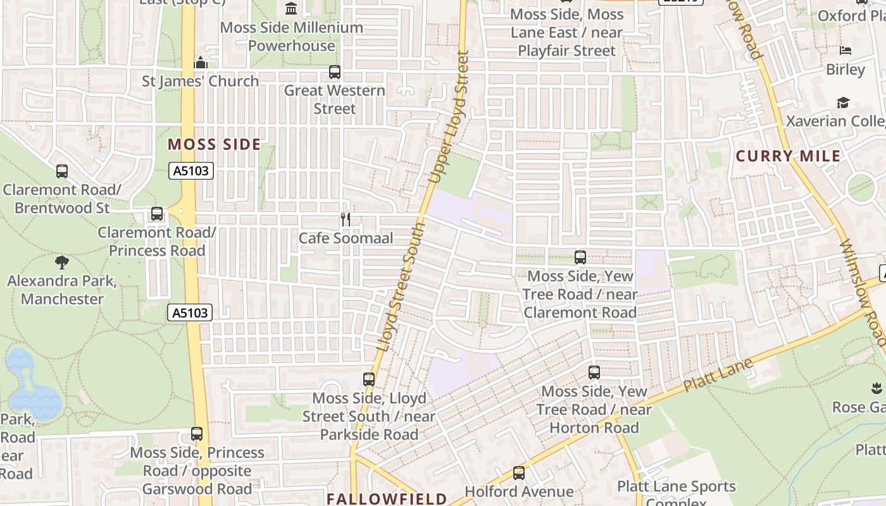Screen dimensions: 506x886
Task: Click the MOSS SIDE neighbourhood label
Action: [x=214, y=144]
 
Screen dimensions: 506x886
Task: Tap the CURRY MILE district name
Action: [x=789, y=156]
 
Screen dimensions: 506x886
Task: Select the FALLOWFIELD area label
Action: [x=387, y=498]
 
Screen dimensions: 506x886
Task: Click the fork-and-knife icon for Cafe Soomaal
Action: [x=346, y=219]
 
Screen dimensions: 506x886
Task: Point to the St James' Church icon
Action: [x=201, y=63]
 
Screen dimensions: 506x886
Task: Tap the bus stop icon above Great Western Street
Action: [x=335, y=72]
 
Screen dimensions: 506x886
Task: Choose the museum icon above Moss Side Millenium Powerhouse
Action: [x=291, y=8]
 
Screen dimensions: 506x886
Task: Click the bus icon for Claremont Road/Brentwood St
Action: [x=62, y=171]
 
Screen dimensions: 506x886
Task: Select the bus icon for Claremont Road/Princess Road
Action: [x=157, y=214]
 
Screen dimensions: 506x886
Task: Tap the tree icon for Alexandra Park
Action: [x=62, y=262]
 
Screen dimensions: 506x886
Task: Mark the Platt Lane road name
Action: [x=718, y=375]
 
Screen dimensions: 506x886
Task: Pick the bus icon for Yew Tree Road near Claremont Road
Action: [x=580, y=257]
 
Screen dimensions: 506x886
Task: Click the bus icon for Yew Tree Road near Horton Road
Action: [x=594, y=373]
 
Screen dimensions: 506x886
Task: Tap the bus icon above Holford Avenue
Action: [x=519, y=472]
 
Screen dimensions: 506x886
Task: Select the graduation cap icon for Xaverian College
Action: [x=843, y=102]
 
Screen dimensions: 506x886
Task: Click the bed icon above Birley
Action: [x=845, y=51]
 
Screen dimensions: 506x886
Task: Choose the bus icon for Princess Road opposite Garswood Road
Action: [x=197, y=434]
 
